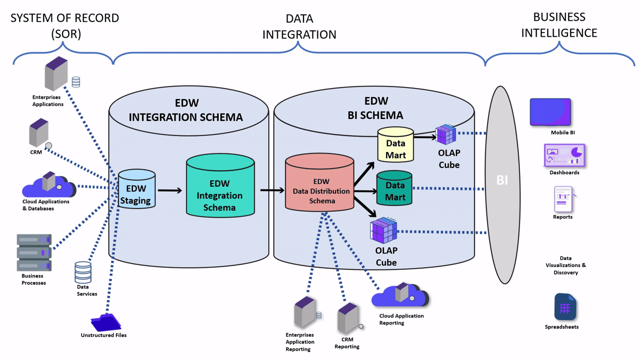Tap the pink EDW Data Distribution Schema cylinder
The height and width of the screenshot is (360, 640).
pyautogui.click(x=319, y=184)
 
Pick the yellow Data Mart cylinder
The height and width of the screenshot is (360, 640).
pyautogui.click(x=395, y=145)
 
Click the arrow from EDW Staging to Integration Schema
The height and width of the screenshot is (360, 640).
pyautogui.click(x=170, y=190)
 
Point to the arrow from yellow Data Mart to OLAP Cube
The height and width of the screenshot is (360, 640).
pyautogui.click(x=425, y=137)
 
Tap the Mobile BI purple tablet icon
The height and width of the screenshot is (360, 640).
pyautogui.click(x=550, y=113)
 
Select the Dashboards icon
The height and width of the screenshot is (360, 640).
pyautogui.click(x=564, y=156)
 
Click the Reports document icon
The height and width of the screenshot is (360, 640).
pyautogui.click(x=563, y=199)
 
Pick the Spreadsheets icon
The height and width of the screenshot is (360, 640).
pyautogui.click(x=565, y=307)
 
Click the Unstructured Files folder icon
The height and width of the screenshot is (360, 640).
pyautogui.click(x=106, y=322)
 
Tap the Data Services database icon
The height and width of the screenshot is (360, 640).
pyautogui.click(x=83, y=273)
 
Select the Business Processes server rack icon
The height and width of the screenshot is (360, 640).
pyautogui.click(x=34, y=252)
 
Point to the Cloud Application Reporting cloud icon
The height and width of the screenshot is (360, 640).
pyautogui.click(x=401, y=295)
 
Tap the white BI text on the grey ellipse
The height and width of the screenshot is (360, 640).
pyautogui.click(x=502, y=180)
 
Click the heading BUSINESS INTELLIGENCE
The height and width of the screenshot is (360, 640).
pyautogui.click(x=559, y=25)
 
